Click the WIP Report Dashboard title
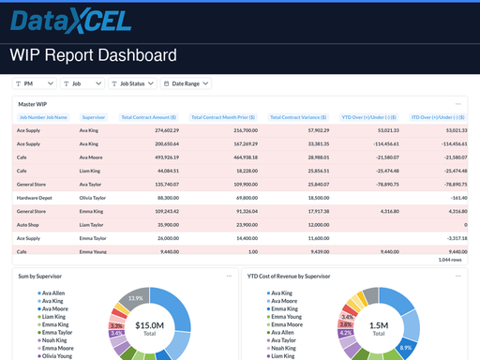[94, 54]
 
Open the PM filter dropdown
[32, 83]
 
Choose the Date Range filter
[186, 83]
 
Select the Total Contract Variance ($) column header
[299, 117]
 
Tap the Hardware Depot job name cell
[34, 198]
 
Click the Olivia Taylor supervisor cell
[97, 198]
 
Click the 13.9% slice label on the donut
[137, 297]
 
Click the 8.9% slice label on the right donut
[404, 347]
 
